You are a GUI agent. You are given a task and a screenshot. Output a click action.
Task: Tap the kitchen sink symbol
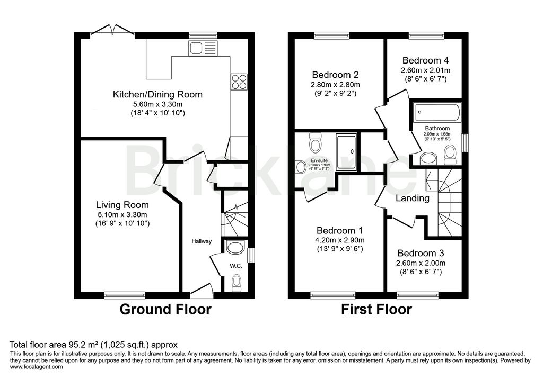(203, 48)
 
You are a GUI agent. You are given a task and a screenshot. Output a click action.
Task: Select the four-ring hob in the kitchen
(239, 82)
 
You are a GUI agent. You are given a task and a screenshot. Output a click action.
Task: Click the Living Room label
(122, 204)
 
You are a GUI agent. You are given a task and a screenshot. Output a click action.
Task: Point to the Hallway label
(202, 241)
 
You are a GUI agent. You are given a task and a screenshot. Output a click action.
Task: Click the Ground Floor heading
(165, 309)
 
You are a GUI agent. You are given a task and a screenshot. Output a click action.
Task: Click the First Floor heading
(376, 309)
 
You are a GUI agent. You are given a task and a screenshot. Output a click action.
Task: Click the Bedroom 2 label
(336, 75)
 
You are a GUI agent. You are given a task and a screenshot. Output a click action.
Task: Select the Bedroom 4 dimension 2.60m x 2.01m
(426, 70)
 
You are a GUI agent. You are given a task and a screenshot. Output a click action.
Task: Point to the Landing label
(413, 198)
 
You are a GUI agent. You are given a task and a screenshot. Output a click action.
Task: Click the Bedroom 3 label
(421, 253)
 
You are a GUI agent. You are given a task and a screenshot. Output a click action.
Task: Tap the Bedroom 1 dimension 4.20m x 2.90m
(339, 240)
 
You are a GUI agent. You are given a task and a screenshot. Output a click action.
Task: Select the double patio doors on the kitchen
(112, 30)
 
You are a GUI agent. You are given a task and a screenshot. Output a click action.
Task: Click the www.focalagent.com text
(37, 366)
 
